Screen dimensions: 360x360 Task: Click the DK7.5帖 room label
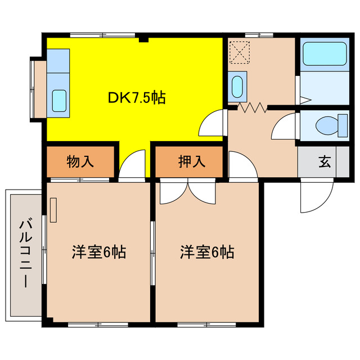[x=136, y=98]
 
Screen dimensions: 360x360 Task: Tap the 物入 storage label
[x=80, y=162]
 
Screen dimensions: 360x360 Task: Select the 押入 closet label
[x=191, y=162]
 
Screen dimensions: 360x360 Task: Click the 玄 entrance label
[x=325, y=162]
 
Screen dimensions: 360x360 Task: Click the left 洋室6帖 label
[x=98, y=251]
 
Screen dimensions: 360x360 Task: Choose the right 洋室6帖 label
[x=207, y=251]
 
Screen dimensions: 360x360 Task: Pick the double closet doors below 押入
[x=188, y=192]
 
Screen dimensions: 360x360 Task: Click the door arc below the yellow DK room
[x=132, y=166]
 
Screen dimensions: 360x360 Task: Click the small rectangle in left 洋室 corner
[x=53, y=210]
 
